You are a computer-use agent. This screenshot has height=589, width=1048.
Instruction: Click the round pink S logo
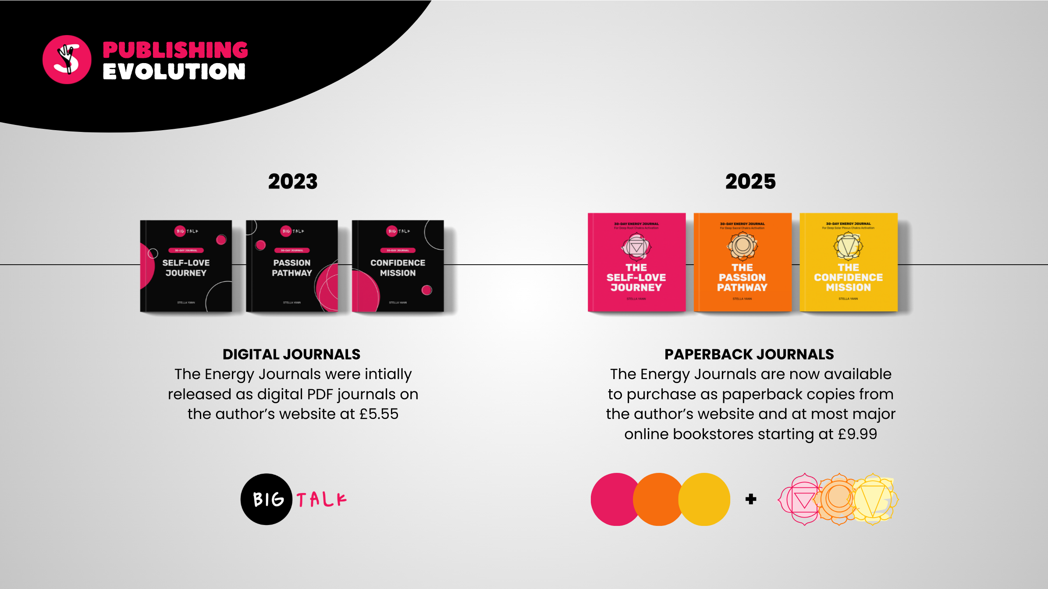pos(67,60)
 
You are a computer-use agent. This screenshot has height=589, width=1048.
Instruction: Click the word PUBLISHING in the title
pos(175,50)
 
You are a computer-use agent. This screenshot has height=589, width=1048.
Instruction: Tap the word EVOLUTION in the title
pos(174,72)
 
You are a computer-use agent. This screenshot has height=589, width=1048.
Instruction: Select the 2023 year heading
pos(293,181)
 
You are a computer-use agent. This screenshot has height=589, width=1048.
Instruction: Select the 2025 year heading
pos(750,181)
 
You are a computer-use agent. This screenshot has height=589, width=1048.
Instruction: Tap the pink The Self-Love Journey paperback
pos(636,262)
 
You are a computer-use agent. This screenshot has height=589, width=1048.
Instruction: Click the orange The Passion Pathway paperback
pos(742,262)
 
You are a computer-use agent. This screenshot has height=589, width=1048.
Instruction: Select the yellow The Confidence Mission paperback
pos(849,262)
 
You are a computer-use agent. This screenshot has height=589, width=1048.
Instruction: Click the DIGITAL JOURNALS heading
pos(291,354)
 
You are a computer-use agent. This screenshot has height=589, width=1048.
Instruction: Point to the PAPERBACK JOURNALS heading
pos(749,354)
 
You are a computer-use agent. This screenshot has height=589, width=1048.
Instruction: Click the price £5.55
pos(379,414)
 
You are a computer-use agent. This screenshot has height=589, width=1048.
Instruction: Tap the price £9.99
pos(857,434)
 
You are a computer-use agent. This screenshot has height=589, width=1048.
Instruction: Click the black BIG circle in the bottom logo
pos(266,499)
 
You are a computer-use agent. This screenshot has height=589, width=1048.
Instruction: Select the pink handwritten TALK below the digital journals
pos(321,500)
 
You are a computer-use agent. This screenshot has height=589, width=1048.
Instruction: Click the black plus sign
pos(751,499)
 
